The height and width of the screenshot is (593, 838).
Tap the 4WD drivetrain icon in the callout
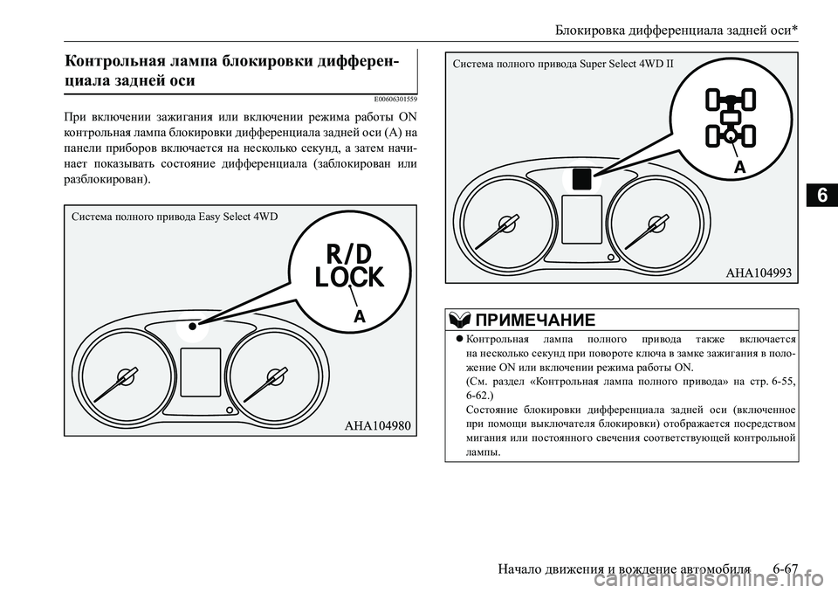(x=731, y=117)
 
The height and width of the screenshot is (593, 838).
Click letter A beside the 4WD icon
(x=741, y=166)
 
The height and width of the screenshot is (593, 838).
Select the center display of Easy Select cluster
(x=200, y=371)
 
